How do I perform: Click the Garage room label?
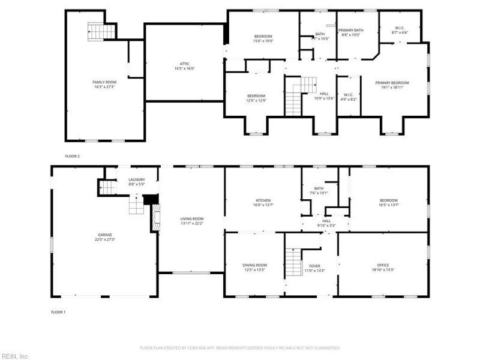coord(105,235)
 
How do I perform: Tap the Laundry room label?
coord(137,179)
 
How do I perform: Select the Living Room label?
coord(193,218)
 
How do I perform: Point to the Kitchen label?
coord(263,200)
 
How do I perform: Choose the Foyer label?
coord(315,265)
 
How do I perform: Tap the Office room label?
coord(383,265)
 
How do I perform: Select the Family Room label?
coord(104,82)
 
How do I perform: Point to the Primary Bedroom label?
coord(392,82)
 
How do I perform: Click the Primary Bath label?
coord(350,30)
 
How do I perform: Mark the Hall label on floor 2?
coord(324,94)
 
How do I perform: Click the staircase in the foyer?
coord(292,263)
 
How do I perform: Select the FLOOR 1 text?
coord(58,312)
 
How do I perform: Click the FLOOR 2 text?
coord(72,156)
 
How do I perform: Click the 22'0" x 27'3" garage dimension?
coord(105,239)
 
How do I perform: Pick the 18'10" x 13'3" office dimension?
coord(383,270)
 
